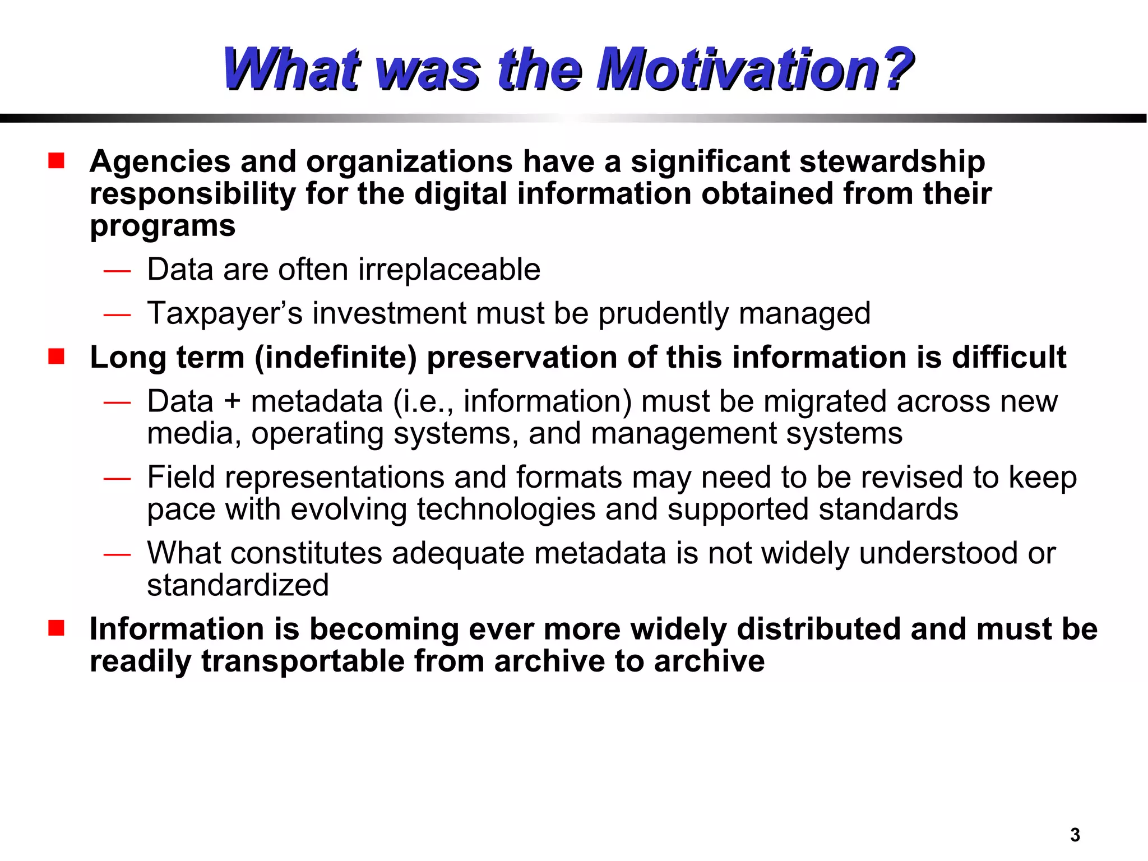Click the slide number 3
coord(1075,835)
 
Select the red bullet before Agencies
coord(56,161)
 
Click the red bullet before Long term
coord(56,357)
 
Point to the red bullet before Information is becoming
coord(56,628)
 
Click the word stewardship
coord(892,163)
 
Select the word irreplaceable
coord(449,270)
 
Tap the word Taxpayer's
coord(225,313)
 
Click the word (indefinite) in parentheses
coord(336,358)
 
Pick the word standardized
coord(238,586)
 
